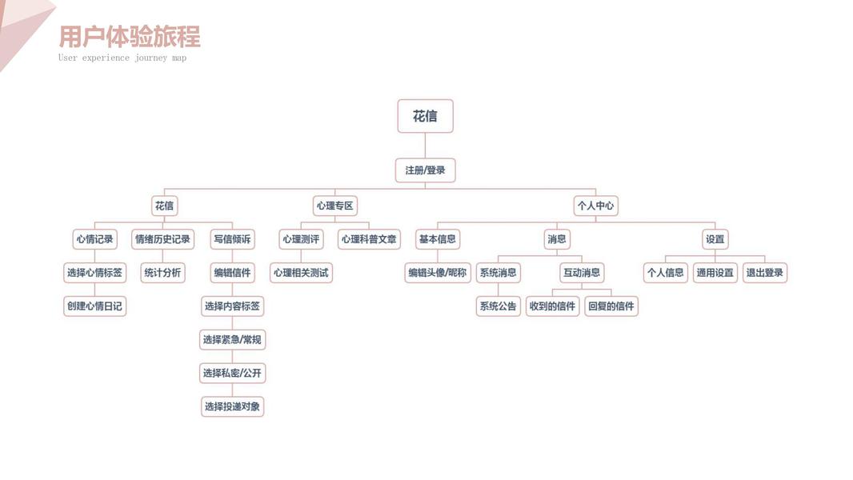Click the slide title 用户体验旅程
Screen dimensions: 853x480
130,37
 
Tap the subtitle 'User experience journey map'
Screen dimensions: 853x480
122,58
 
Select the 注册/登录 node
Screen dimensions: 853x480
425,170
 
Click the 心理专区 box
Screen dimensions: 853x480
334,206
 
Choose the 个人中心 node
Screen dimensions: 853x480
595,206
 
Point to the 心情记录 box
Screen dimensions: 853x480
94,239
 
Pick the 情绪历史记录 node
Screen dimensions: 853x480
162,239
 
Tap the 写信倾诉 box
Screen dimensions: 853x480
232,239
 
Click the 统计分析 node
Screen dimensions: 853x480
162,273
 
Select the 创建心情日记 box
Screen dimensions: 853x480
94,306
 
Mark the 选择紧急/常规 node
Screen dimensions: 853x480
232,340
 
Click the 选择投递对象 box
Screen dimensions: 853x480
232,406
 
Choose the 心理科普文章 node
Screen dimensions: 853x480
369,239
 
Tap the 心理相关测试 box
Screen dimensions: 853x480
301,273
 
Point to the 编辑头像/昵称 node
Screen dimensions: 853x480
437,273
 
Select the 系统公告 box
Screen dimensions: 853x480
498,306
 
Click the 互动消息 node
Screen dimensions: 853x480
581,273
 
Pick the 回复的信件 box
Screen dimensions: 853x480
611,306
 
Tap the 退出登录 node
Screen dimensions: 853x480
765,273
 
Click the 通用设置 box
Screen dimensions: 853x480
715,273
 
